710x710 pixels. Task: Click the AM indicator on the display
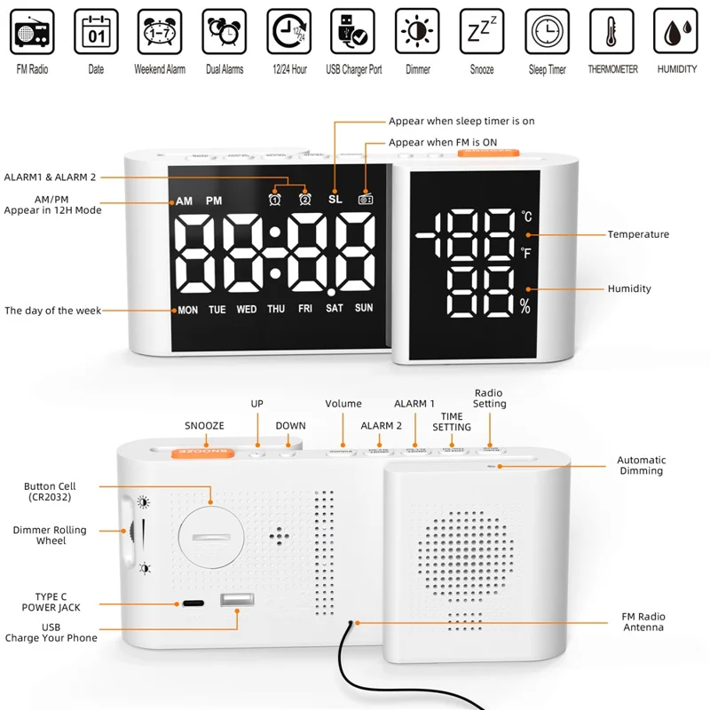coord(184,201)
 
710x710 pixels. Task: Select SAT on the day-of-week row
coord(335,310)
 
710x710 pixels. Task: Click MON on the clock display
coord(188,311)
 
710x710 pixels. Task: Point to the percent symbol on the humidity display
coord(525,307)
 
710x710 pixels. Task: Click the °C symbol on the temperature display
coord(526,216)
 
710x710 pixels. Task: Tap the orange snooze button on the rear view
coord(204,451)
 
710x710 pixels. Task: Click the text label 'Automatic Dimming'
coord(642,465)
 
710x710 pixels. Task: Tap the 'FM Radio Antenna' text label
coord(643,622)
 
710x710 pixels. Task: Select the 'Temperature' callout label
coord(638,234)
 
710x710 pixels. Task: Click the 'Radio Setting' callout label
coord(489,398)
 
